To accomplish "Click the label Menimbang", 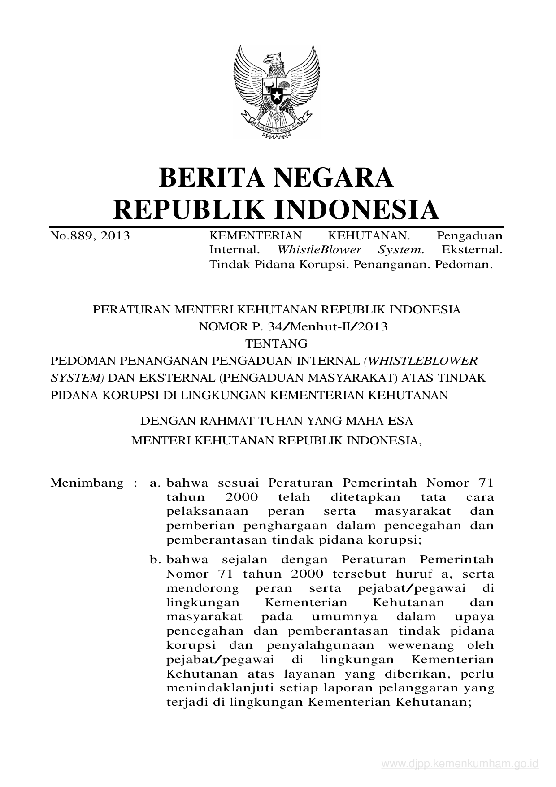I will [87, 483].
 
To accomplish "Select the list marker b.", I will [155, 560].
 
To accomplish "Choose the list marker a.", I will [155, 483].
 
